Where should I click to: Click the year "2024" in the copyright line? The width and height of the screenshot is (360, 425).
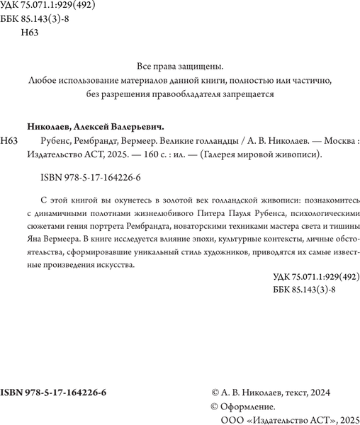point(317,392)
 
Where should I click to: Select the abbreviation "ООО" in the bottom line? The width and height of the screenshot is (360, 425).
point(231,419)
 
